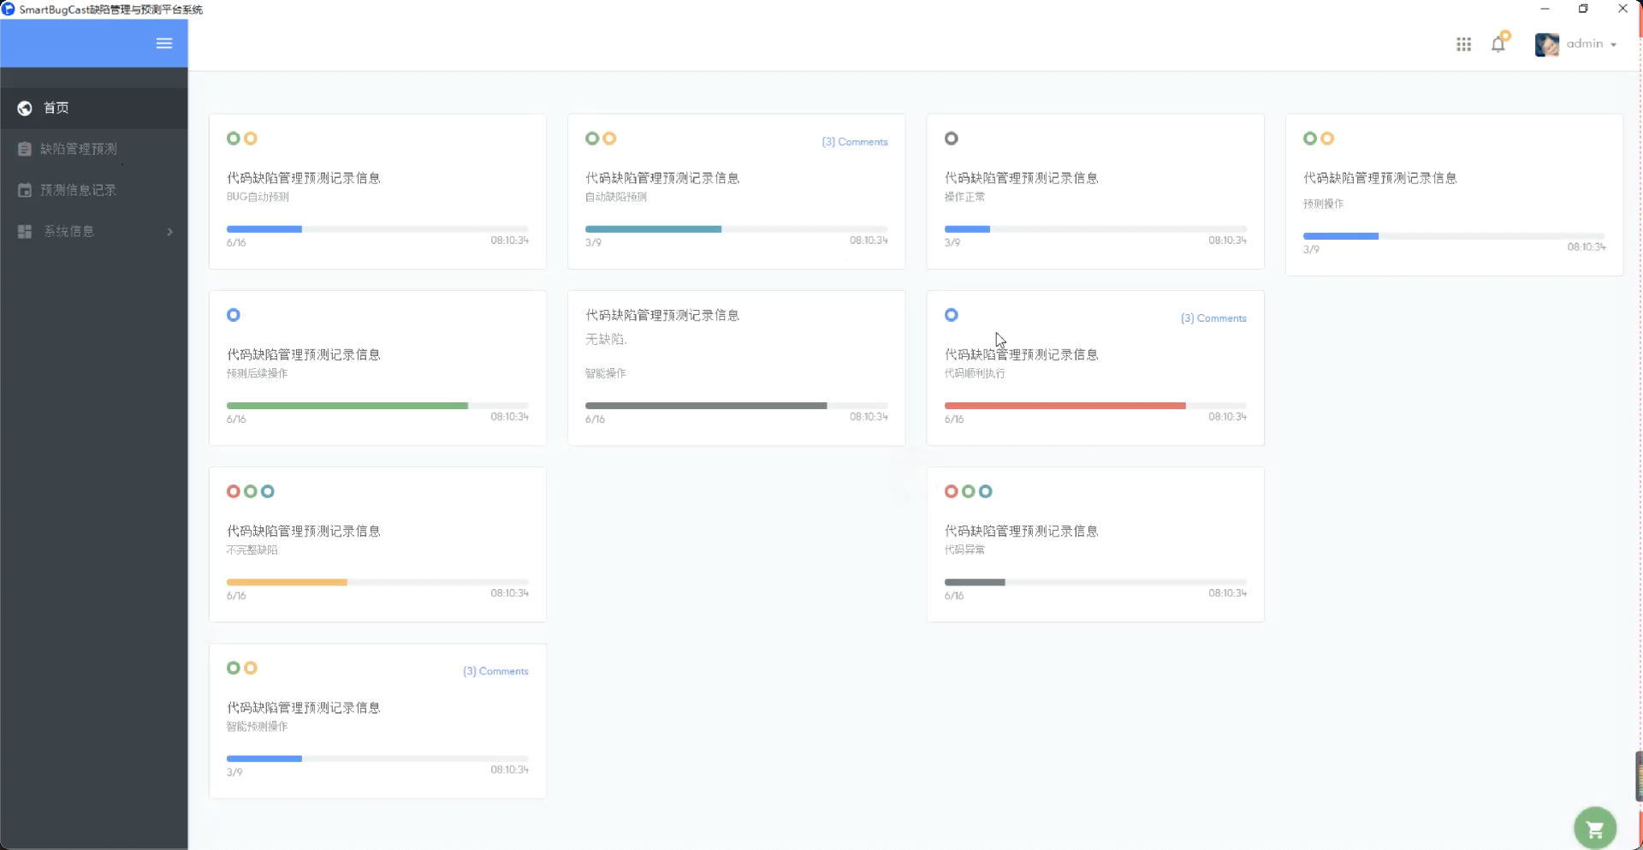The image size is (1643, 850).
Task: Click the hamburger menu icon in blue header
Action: (164, 44)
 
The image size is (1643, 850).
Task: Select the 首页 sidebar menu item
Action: (56, 108)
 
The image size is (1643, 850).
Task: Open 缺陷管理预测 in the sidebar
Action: (78, 149)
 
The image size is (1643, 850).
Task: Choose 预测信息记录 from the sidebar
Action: (78, 190)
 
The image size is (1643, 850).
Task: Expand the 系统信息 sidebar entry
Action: (94, 231)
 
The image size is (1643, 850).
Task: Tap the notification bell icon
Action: (1498, 45)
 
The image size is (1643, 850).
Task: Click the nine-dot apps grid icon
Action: (1463, 45)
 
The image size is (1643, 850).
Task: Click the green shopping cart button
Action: (1594, 828)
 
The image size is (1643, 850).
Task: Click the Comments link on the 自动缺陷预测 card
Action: (854, 142)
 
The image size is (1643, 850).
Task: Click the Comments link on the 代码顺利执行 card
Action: (1213, 318)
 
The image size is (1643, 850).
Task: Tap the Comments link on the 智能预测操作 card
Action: (495, 671)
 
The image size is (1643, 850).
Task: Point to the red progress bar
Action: (1065, 406)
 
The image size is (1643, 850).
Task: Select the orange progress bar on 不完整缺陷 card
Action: (287, 582)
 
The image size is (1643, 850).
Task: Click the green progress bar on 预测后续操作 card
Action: (347, 406)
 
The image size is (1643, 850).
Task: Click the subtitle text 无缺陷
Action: (606, 340)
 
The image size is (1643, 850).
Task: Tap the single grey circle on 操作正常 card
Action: (951, 139)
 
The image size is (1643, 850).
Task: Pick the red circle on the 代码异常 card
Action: (951, 491)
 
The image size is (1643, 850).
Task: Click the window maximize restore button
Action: (1583, 9)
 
